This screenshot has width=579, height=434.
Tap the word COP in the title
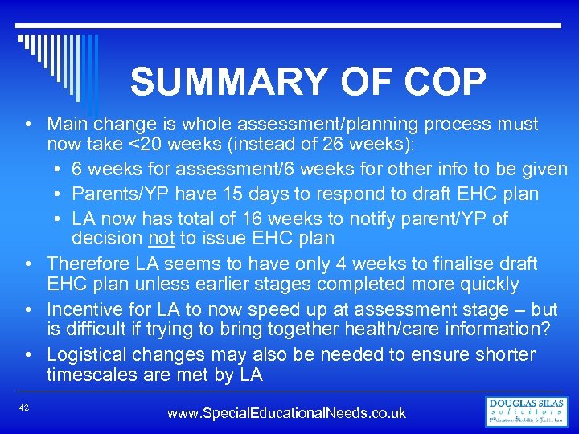tap(440, 83)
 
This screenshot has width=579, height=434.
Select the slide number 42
tap(24, 408)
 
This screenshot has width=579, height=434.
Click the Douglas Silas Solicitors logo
tap(527, 411)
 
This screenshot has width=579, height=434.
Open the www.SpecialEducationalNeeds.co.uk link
tap(286, 413)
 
